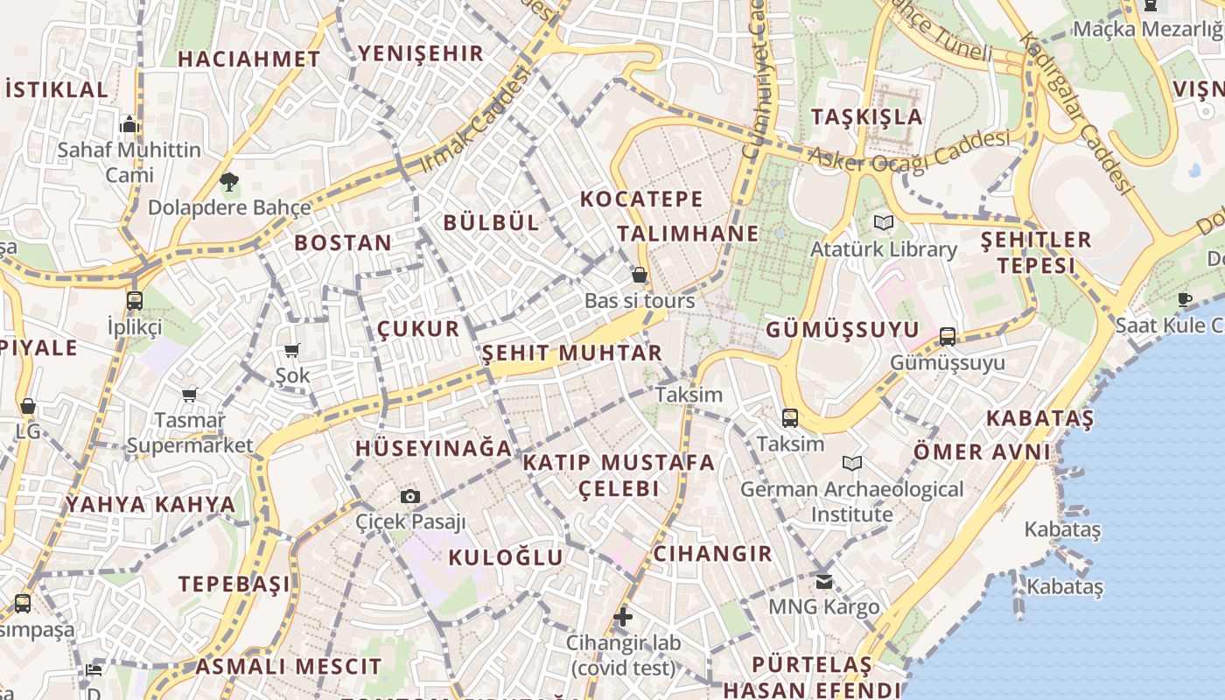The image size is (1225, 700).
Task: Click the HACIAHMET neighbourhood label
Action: (249, 59)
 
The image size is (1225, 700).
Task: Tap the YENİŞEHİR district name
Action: (421, 53)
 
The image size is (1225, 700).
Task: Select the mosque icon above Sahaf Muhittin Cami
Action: (129, 124)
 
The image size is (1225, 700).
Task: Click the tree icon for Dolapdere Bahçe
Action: (229, 182)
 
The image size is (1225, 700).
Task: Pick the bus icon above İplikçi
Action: (135, 301)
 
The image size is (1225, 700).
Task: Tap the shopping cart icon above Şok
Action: (291, 350)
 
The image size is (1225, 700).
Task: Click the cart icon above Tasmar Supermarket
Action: (189, 395)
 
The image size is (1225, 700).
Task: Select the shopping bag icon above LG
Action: (28, 406)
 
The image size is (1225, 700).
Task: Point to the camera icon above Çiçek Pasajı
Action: (410, 496)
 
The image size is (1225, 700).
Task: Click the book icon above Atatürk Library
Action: (884, 223)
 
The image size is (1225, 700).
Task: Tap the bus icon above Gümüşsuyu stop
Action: (948, 336)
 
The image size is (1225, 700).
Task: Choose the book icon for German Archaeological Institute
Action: (851, 463)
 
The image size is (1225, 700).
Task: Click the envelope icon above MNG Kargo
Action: (824, 580)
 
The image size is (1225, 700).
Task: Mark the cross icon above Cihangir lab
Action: (623, 617)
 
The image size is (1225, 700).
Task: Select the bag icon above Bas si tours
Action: (640, 275)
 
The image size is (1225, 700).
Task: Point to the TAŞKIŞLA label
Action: (866, 116)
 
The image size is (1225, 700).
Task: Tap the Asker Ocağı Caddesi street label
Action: (910, 151)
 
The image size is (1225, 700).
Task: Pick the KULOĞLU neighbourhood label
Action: (506, 557)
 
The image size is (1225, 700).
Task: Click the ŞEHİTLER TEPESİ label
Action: (1036, 252)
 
